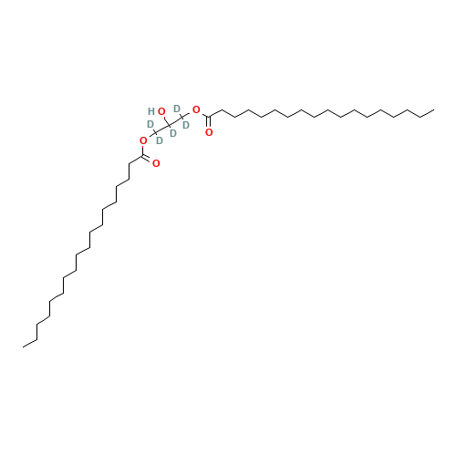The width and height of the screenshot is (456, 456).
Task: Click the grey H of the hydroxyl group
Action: click(151, 111)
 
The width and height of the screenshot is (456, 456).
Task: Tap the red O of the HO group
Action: click(161, 111)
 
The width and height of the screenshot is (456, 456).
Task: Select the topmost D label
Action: click(177, 109)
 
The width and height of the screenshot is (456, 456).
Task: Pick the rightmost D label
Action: click(186, 125)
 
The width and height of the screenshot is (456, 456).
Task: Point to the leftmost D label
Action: click(150, 124)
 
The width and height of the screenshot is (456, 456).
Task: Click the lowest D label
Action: click(160, 140)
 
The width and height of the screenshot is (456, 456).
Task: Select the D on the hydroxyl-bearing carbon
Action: click(173, 133)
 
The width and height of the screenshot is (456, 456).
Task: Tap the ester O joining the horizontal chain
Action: click(196, 109)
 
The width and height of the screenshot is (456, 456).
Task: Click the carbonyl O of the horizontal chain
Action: click(209, 132)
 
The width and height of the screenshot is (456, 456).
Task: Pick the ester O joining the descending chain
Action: click(143, 140)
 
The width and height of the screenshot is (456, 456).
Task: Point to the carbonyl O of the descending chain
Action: click(156, 163)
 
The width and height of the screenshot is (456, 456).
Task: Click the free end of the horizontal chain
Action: click(434, 109)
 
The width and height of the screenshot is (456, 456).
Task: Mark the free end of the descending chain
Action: click(23, 347)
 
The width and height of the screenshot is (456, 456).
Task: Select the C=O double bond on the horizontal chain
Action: click(209, 122)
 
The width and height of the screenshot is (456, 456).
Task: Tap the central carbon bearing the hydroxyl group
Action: click(169, 125)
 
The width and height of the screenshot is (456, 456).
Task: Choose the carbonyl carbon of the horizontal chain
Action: click(209, 117)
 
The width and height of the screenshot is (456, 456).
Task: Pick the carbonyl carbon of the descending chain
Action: click(143, 156)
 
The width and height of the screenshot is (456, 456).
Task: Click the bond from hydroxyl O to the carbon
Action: click(166, 120)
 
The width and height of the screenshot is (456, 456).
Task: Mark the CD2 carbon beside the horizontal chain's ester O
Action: click(182, 117)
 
